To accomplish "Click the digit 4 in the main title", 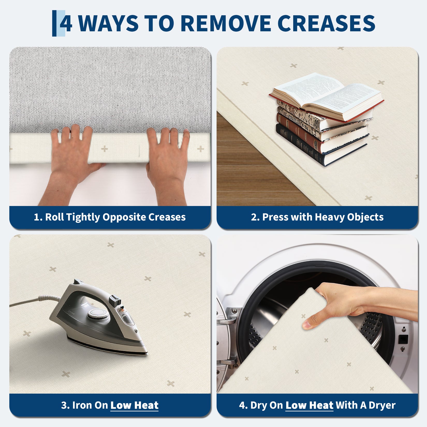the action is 66,23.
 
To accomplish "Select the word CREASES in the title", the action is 326,23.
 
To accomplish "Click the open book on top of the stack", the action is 327,97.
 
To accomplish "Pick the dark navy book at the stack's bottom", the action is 322,145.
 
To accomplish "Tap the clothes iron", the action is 98,318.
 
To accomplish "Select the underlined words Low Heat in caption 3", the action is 134,405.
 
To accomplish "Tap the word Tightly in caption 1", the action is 83,217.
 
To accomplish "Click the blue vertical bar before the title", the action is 54,23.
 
